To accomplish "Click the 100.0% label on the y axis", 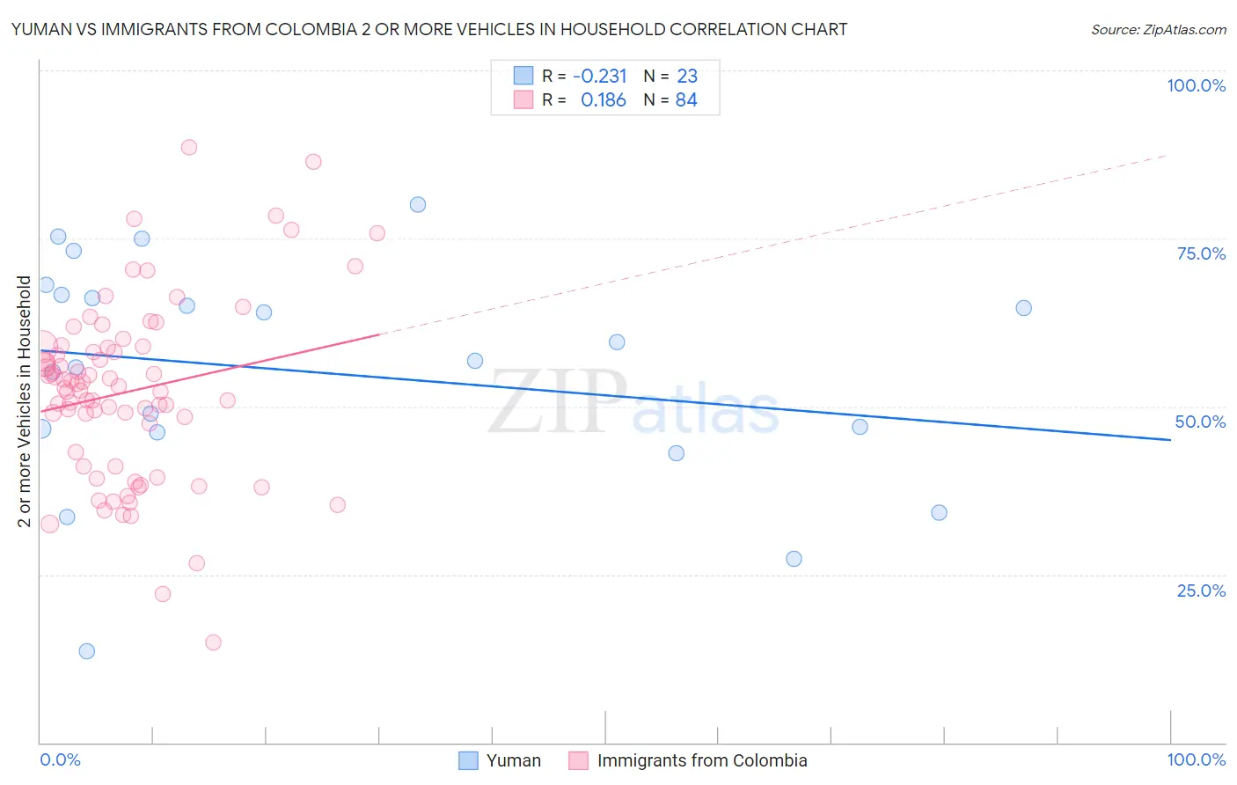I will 1196,85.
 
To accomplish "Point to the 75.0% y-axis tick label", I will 1201,253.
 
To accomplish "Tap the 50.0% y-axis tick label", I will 1200,422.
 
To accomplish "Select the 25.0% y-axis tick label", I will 1201,591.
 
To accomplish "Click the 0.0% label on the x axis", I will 60,759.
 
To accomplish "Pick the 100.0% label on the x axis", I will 1196,759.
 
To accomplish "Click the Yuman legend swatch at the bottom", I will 468,760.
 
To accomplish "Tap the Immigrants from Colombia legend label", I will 701,760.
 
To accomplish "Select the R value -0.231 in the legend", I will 599,77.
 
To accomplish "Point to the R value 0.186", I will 603,100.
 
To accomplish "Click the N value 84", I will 686,100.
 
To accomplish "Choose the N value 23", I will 687,77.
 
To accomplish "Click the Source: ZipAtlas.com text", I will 1158,29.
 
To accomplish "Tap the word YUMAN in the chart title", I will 40,29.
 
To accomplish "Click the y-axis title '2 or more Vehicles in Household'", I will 24,401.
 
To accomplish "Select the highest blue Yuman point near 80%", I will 418,205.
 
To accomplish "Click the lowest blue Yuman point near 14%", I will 86,651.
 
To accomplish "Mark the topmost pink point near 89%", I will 188,148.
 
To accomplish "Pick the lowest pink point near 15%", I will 213,642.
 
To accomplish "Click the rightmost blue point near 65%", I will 1023,308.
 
